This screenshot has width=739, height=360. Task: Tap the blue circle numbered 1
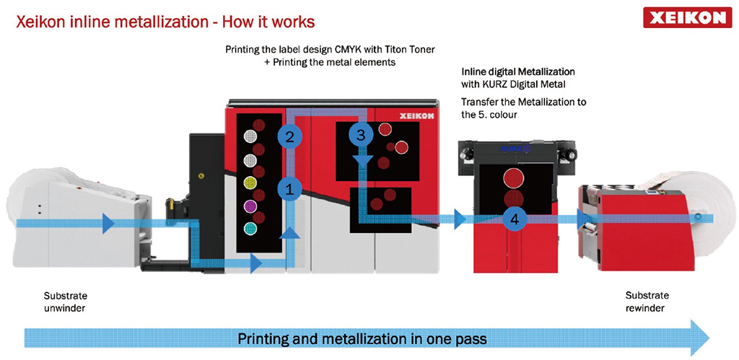[289, 190]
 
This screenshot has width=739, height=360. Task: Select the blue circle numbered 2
[289, 136]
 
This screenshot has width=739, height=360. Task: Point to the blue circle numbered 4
[513, 218]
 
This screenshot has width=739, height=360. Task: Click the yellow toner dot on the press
[251, 183]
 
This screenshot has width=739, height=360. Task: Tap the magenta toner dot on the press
[251, 206]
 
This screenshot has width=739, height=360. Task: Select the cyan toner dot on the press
[251, 229]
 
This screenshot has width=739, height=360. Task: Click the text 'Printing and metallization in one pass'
[362, 338]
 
